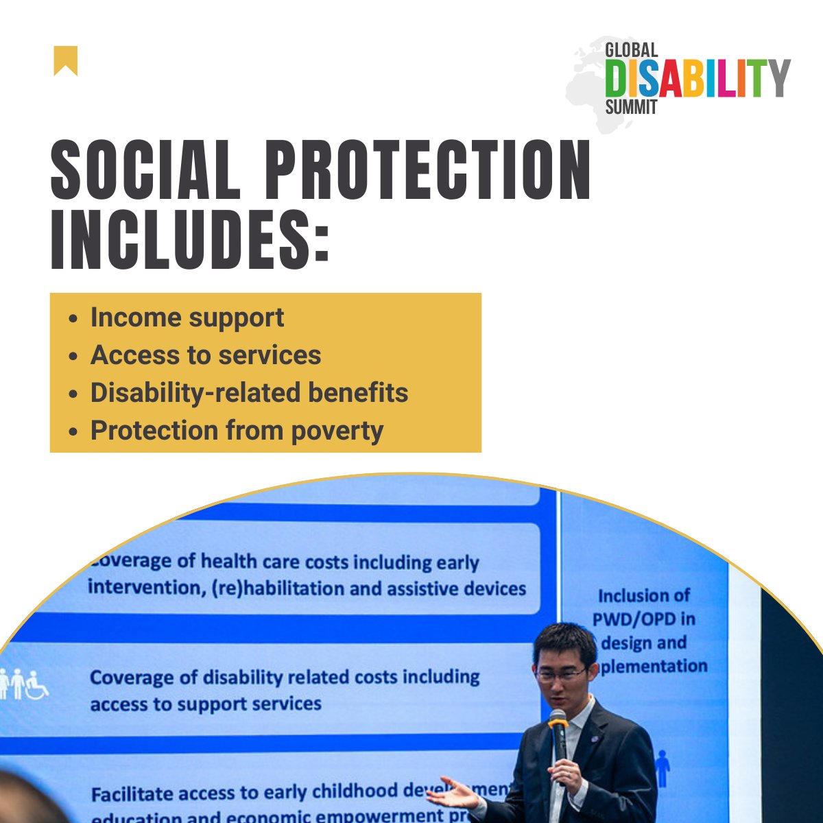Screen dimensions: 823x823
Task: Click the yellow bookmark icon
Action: point(66,60)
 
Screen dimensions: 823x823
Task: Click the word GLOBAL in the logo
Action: point(631,50)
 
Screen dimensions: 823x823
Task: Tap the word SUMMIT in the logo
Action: point(631,107)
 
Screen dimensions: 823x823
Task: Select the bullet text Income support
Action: point(187,318)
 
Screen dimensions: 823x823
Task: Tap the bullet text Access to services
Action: point(206,355)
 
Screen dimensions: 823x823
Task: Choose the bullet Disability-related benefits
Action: point(249,393)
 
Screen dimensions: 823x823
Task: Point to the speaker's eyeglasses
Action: point(561,673)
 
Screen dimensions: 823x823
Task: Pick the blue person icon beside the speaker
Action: point(662,768)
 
